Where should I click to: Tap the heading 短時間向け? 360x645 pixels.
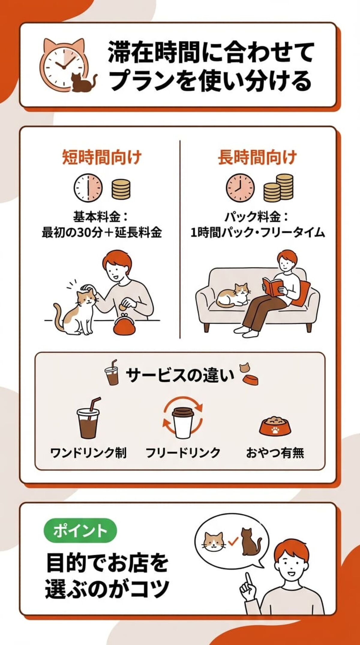point(102,157)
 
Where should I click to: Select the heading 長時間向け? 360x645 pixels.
point(257,157)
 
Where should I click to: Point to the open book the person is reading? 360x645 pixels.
point(273,286)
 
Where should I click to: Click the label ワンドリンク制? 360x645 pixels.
point(88,453)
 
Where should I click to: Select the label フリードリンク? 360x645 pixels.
point(183,453)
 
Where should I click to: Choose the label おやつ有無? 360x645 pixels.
point(275,453)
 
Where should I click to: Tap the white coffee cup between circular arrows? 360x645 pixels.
point(182,423)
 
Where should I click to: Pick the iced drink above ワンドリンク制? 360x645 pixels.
point(88,420)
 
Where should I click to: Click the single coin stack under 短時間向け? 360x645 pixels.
point(121,189)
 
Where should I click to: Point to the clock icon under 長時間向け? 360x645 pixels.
point(240,188)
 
